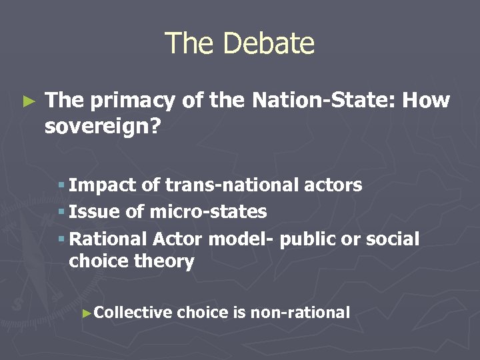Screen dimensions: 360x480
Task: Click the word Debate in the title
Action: pyautogui.click(x=269, y=43)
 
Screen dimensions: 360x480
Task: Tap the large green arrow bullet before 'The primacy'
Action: pyautogui.click(x=28, y=101)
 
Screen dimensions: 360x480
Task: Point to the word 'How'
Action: pyautogui.click(x=427, y=101)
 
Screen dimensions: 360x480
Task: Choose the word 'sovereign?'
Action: pyautogui.click(x=103, y=126)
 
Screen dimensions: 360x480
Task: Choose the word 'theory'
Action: pyautogui.click(x=165, y=262)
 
